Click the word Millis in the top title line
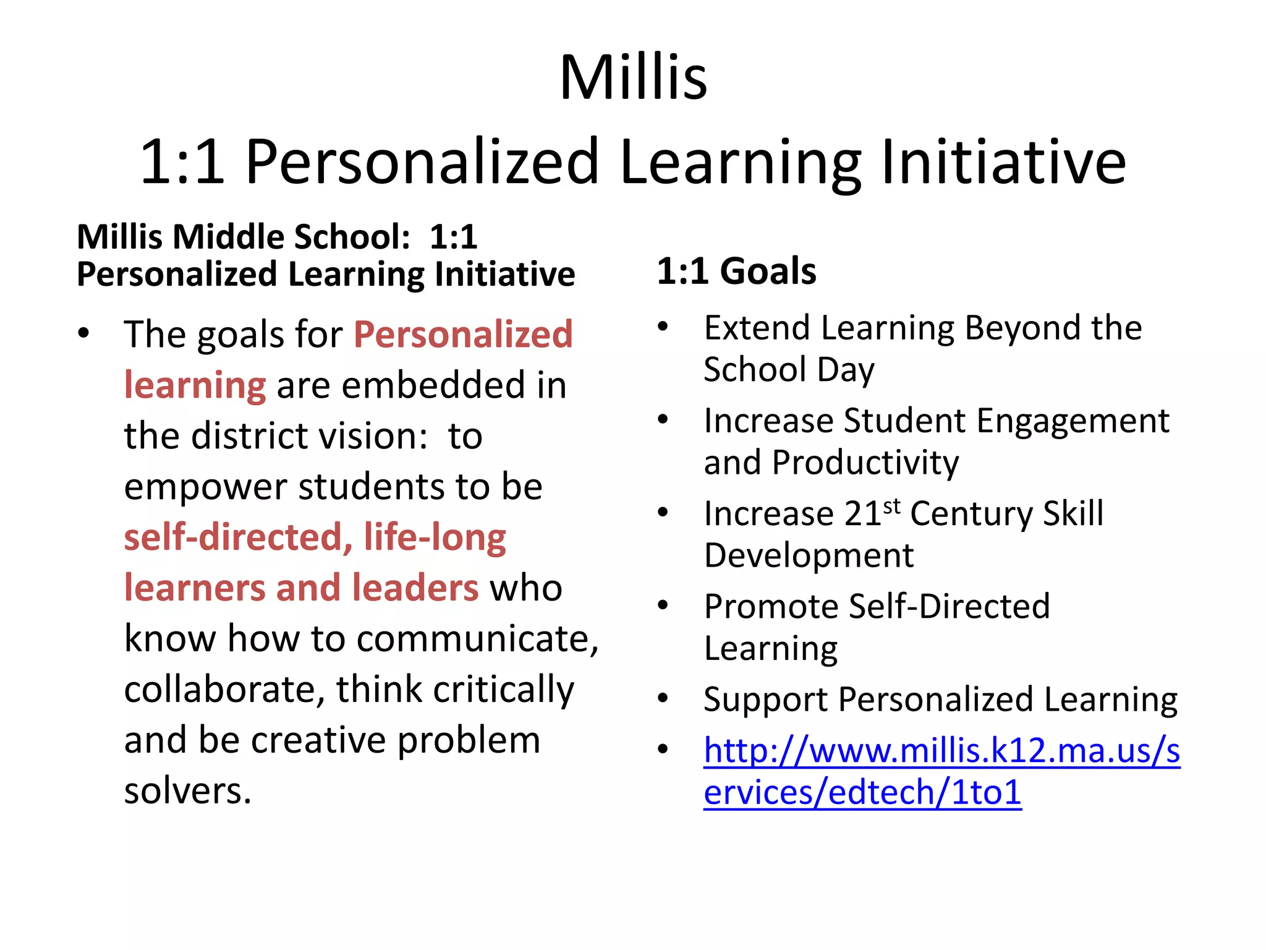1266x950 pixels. click(x=633, y=78)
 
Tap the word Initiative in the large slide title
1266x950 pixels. click(x=1003, y=162)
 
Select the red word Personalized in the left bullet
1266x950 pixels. click(x=463, y=335)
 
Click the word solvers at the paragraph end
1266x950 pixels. click(x=187, y=791)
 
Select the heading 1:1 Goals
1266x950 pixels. click(x=736, y=271)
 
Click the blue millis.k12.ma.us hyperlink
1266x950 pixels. click(x=941, y=771)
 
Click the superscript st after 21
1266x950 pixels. click(x=891, y=506)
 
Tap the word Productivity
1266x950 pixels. click(x=865, y=463)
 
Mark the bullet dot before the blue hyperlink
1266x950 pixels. click(x=663, y=749)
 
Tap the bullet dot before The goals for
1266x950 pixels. click(x=84, y=333)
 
